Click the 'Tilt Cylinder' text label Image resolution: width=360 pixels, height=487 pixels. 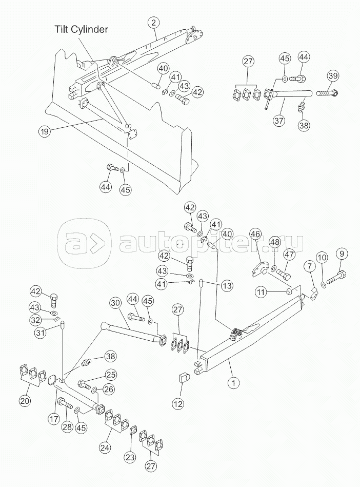(x=82, y=29)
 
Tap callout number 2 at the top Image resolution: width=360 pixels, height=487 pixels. (x=154, y=23)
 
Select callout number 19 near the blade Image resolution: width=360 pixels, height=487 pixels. (x=45, y=131)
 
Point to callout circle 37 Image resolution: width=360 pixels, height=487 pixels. (x=279, y=120)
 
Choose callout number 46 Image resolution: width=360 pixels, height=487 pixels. (x=256, y=233)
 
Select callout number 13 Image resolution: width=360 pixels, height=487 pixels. (x=227, y=285)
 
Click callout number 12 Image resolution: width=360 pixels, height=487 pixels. (x=178, y=403)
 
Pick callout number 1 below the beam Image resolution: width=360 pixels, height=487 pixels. (x=234, y=383)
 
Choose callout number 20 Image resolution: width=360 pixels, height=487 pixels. (x=26, y=401)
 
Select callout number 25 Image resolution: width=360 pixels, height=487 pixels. (x=110, y=375)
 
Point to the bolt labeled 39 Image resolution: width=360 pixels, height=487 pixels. (x=327, y=92)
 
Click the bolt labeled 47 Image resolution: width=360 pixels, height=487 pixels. (x=284, y=274)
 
